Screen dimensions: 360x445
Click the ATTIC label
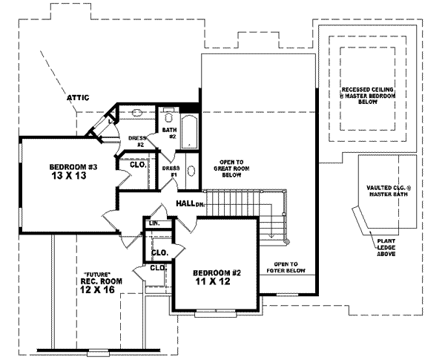click(x=79, y=97)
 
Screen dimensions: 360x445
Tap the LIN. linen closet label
click(x=154, y=223)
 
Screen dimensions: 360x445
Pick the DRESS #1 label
click(x=170, y=171)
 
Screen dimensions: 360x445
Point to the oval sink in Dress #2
click(x=137, y=115)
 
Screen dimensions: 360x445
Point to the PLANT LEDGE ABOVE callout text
click(x=389, y=248)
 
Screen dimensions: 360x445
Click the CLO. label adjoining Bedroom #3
click(x=136, y=164)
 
